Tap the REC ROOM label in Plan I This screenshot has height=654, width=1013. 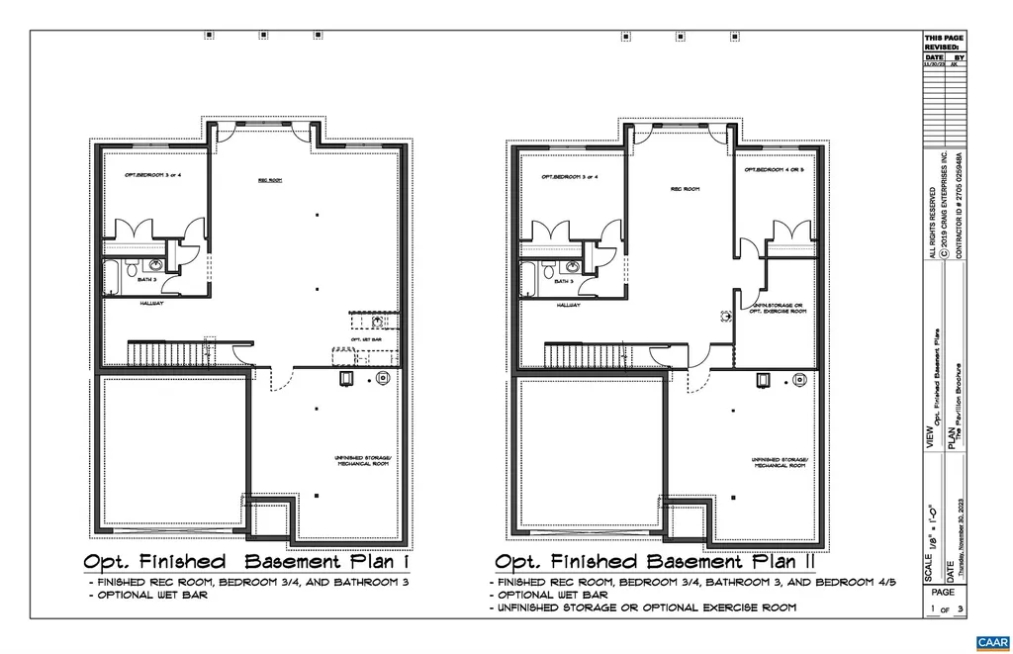[x=270, y=180]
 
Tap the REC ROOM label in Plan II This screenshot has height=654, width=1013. [x=685, y=188]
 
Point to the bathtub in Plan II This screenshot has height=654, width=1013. [x=528, y=276]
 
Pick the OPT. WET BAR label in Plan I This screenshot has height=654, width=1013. [x=371, y=339]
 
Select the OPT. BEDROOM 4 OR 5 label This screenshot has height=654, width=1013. [x=776, y=170]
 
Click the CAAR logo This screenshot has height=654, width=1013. [x=990, y=642]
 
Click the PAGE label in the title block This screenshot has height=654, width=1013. [x=943, y=592]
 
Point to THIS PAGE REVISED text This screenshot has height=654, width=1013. [x=943, y=42]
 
